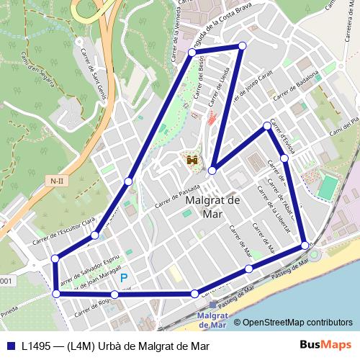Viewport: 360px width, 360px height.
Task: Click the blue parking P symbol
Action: (125, 277)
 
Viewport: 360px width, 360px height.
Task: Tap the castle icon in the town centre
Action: (192, 160)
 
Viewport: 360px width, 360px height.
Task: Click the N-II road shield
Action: (56, 179)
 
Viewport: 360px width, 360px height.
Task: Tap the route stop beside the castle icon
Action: (212, 171)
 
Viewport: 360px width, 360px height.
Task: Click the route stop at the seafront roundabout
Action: (306, 246)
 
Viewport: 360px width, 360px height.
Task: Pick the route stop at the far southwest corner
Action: (56, 293)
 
